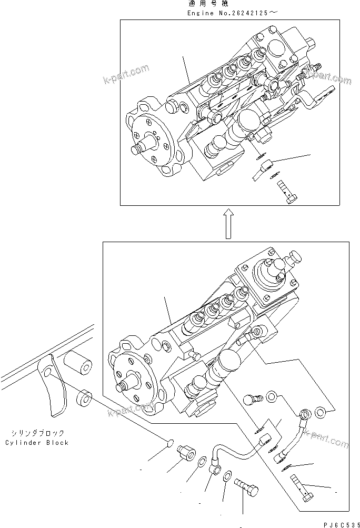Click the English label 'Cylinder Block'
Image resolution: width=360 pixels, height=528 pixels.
click(37, 443)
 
